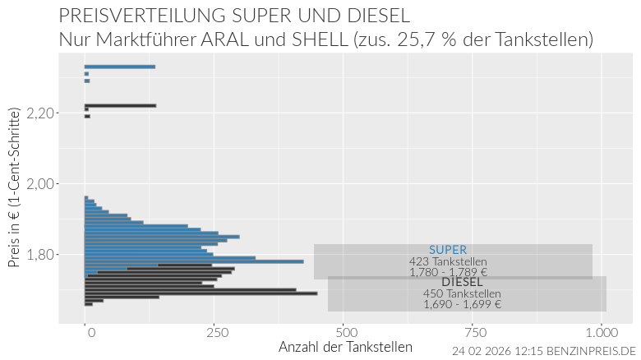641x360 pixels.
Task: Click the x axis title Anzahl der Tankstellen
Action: pos(345,347)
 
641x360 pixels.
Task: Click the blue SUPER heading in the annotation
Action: pos(448,250)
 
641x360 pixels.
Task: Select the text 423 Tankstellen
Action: pos(448,261)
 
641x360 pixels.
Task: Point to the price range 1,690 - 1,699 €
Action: pos(463,305)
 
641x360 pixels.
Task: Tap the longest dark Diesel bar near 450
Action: pos(201,293)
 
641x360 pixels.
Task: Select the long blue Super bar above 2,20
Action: pos(120,67)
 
